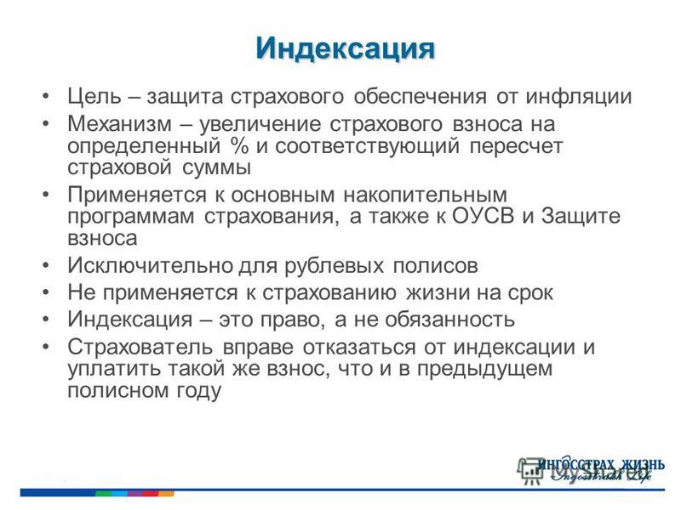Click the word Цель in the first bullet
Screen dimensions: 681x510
94,96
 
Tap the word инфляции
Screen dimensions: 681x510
579,96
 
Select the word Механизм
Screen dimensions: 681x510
120,123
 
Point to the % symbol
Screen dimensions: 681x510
240,145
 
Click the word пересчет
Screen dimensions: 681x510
516,146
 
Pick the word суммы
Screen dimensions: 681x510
216,168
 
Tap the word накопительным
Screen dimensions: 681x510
425,195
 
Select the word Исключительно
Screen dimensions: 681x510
152,265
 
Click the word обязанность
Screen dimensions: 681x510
449,320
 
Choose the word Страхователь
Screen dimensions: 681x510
140,347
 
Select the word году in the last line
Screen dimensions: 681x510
198,391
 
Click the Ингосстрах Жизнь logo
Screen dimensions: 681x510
599,469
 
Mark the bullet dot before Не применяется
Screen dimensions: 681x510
46,292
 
